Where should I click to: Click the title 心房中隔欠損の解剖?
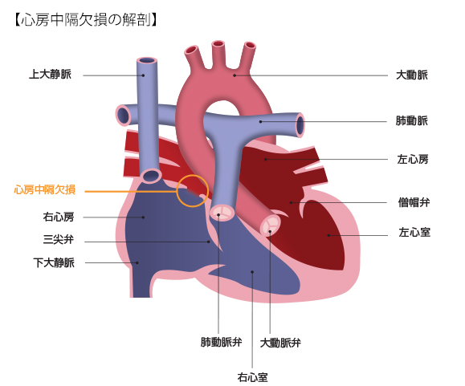[x=85, y=20]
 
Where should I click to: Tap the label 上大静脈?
[x=50, y=74]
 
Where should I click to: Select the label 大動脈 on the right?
[x=412, y=75]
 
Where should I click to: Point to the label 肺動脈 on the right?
[x=412, y=120]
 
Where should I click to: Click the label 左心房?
[x=413, y=160]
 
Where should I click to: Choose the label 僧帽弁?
[x=414, y=202]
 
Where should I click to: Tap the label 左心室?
[x=414, y=232]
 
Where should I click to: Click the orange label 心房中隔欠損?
[x=45, y=189]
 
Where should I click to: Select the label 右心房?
[x=59, y=217]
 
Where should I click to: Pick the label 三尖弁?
[x=59, y=239]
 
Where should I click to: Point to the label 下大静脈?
[x=54, y=262]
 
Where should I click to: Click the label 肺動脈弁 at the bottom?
[x=221, y=342]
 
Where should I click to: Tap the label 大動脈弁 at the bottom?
[x=280, y=343]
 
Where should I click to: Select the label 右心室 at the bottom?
[x=253, y=377]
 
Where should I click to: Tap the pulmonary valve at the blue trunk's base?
[x=222, y=213]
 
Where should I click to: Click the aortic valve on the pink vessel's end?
[x=270, y=225]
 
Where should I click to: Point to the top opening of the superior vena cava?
[x=147, y=60]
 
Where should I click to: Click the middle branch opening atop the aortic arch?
[x=218, y=44]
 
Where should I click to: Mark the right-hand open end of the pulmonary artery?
[x=300, y=124]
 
